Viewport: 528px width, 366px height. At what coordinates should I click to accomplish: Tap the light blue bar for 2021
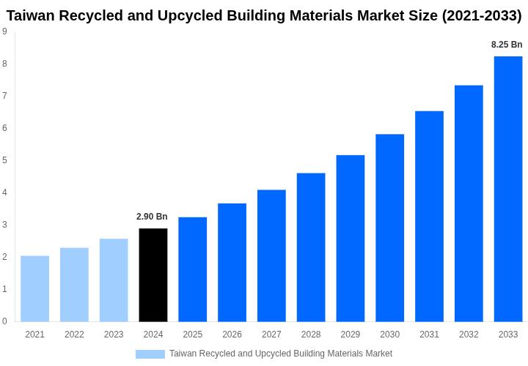tap(34, 288)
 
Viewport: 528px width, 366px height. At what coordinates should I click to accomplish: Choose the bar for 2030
tap(389, 228)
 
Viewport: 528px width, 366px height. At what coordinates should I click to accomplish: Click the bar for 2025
tap(192, 269)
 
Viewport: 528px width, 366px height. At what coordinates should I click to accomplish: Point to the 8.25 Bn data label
tap(507, 45)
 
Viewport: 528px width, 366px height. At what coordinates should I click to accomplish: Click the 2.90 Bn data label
tap(152, 217)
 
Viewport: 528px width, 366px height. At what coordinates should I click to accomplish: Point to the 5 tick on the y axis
tap(4, 160)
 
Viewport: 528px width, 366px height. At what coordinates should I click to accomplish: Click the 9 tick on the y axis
tap(4, 31)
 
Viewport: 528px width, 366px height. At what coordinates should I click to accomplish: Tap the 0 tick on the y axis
tap(4, 321)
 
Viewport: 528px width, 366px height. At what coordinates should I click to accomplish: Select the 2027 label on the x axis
tap(271, 335)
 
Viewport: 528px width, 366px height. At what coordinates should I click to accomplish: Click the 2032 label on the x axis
tap(469, 335)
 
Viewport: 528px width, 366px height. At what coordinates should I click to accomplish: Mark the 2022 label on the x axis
tap(74, 335)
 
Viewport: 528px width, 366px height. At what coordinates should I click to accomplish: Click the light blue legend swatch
tap(150, 354)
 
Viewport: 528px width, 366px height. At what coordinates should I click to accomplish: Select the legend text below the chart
tap(281, 354)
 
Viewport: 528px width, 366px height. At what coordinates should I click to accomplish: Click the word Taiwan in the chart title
tap(32, 15)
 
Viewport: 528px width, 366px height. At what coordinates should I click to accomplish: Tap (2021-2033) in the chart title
tap(481, 15)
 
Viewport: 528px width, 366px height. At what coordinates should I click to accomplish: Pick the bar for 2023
tap(114, 280)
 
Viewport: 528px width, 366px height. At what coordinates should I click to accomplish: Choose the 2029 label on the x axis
tap(351, 335)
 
